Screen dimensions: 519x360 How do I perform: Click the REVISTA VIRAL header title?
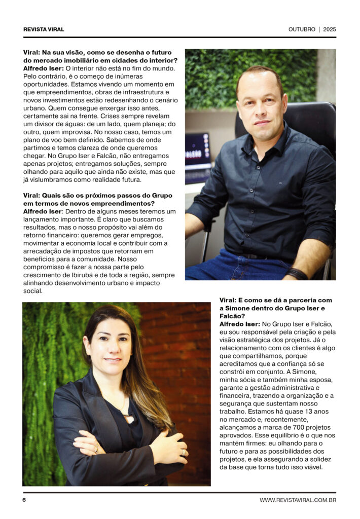[x=44, y=29]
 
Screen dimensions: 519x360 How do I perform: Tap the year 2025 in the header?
[x=330, y=29]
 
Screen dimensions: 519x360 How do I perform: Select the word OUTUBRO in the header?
[x=302, y=29]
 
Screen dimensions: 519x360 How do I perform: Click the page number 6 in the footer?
[x=24, y=500]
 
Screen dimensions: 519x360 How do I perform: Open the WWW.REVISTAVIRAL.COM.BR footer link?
[x=298, y=500]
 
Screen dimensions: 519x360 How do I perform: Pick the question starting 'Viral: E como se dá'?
[x=276, y=308]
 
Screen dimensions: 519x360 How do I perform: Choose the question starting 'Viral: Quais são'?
[x=97, y=199]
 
